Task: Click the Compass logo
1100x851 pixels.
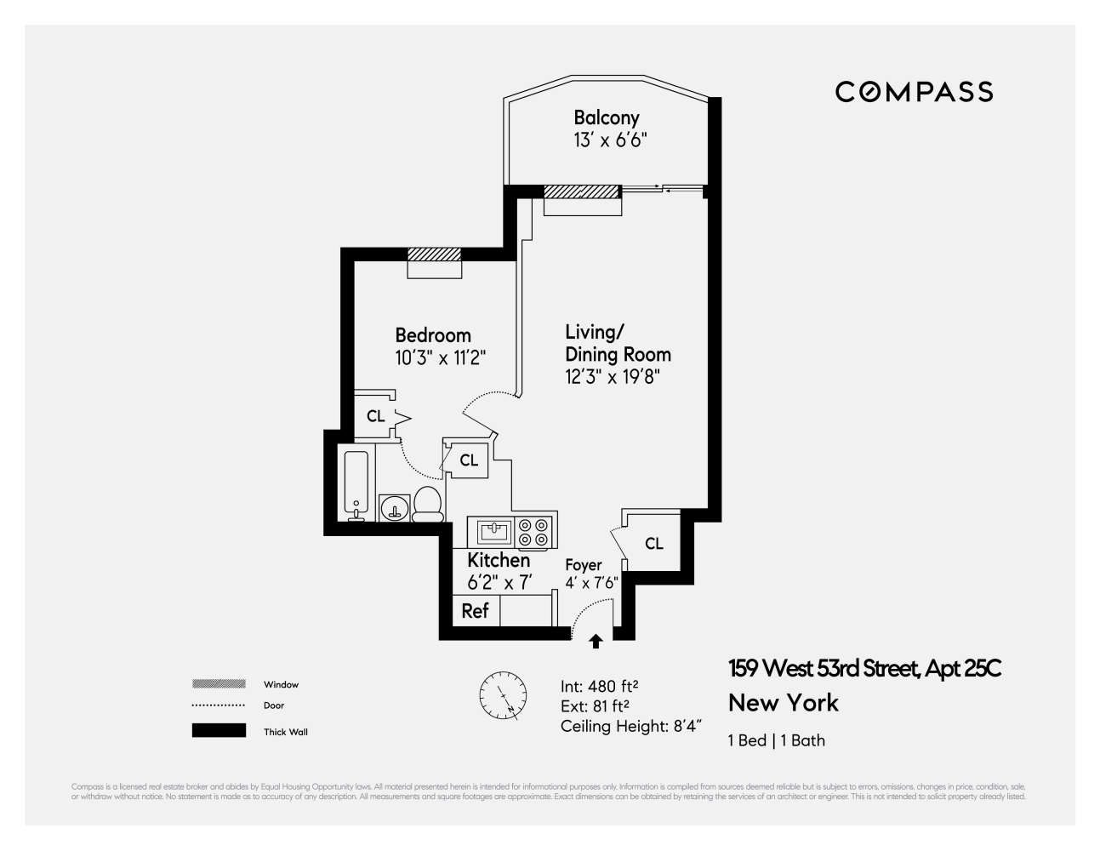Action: pyautogui.click(x=914, y=92)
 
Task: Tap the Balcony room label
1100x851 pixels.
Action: pyautogui.click(x=606, y=118)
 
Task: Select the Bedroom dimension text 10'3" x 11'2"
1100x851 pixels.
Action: pyautogui.click(x=440, y=357)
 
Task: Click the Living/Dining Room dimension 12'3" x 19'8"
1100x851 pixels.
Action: pyautogui.click(x=613, y=376)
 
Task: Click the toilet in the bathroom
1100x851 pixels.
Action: pyautogui.click(x=427, y=505)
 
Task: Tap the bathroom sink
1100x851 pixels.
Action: pyautogui.click(x=394, y=508)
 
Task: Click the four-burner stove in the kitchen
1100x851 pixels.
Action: pyautogui.click(x=535, y=533)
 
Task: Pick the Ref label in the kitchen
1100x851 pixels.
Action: pyautogui.click(x=475, y=611)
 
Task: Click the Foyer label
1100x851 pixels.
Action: pyautogui.click(x=584, y=565)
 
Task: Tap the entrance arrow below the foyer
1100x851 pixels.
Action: pyautogui.click(x=596, y=642)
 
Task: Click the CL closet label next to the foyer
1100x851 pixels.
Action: pyautogui.click(x=653, y=544)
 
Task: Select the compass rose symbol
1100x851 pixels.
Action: pyautogui.click(x=502, y=694)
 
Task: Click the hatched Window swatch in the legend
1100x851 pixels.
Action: pyautogui.click(x=219, y=684)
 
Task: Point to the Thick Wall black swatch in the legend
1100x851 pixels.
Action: pyautogui.click(x=219, y=731)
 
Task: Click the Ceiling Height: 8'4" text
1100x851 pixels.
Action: pyautogui.click(x=631, y=726)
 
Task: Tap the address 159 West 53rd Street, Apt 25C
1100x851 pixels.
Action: pyautogui.click(x=864, y=669)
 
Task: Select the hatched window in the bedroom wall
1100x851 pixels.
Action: pyautogui.click(x=434, y=254)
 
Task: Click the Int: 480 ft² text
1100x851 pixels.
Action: pyautogui.click(x=600, y=686)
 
